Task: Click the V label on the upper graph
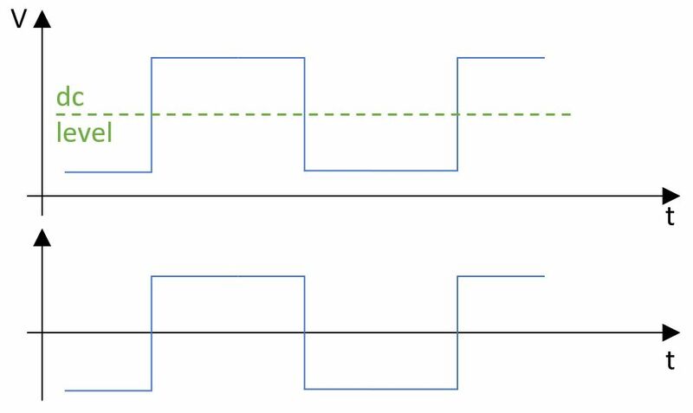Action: (18, 19)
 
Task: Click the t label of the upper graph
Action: (670, 216)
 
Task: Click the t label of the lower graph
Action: (670, 360)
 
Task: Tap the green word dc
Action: (70, 96)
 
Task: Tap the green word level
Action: (84, 132)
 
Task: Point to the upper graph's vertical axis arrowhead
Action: (42, 19)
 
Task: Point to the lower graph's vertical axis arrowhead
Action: (42, 237)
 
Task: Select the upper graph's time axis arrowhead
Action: (670, 196)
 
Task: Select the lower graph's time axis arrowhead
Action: (670, 332)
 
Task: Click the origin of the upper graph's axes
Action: (42, 196)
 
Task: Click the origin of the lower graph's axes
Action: (42, 332)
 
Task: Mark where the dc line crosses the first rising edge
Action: (152, 114)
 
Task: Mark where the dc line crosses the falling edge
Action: (305, 114)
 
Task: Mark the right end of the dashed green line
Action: (571, 114)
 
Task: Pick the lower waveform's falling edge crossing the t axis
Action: (305, 332)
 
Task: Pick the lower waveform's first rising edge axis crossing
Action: (152, 332)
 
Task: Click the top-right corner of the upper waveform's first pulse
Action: (305, 57)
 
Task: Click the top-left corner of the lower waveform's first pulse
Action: (152, 276)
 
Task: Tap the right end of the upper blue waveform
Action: (545, 57)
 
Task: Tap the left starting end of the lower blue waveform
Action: (65, 390)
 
